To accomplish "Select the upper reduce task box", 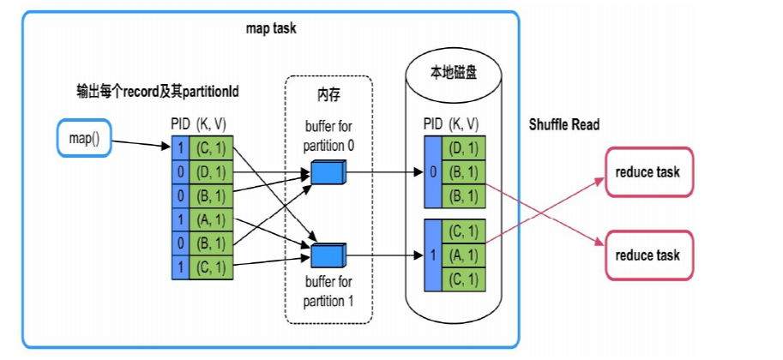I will [647, 171].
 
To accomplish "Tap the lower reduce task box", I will [647, 255].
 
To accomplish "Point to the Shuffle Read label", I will [564, 125].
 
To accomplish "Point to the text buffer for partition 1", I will [328, 291].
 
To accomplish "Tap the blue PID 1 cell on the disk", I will [433, 255].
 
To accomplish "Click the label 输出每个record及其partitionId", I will [143, 91].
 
